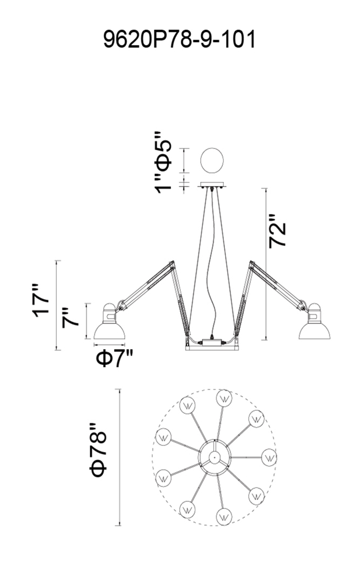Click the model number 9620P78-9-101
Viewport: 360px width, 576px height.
point(180,39)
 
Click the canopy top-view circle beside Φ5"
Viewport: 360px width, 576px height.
point(212,160)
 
